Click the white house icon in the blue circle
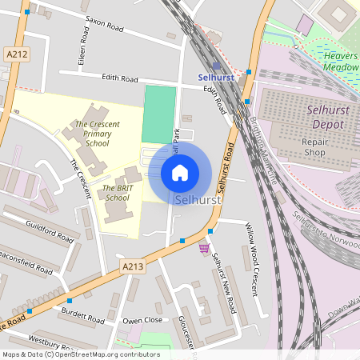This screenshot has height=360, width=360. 180,173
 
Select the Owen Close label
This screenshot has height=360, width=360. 142,319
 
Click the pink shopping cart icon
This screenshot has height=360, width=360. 204,248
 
